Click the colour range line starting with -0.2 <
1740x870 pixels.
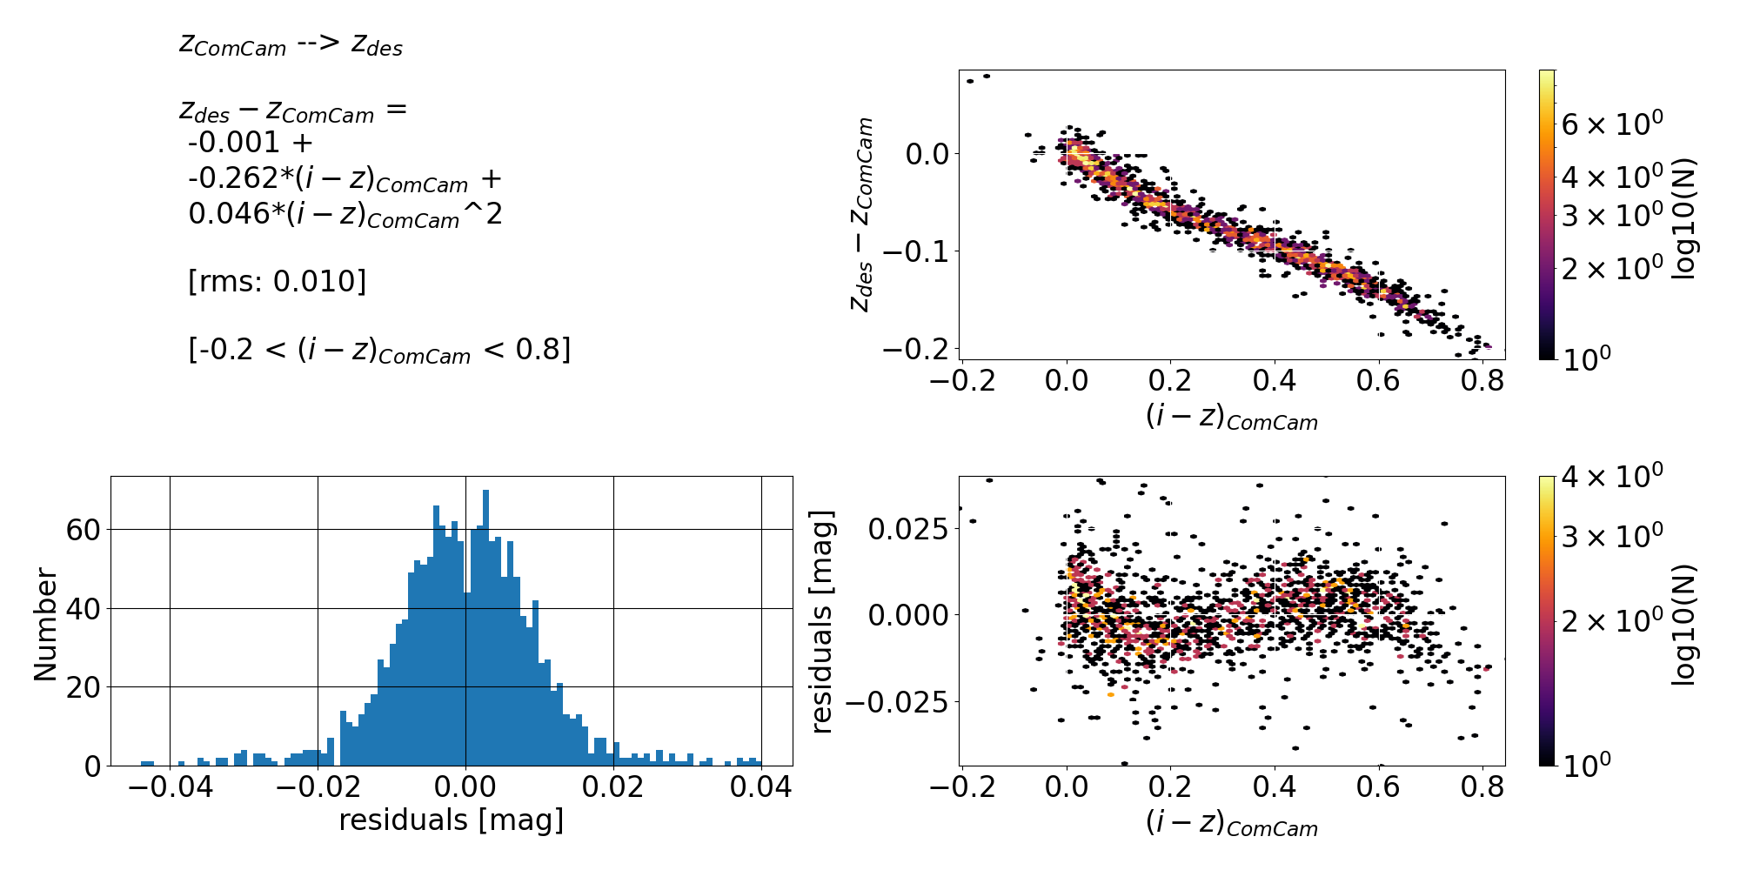[x=379, y=350]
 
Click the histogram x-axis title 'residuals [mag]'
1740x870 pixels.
[x=451, y=820]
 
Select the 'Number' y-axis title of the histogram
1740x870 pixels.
[x=45, y=624]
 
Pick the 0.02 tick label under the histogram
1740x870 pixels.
[x=614, y=789]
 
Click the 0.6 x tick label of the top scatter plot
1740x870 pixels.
[x=1379, y=380]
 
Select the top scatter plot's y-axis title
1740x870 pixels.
[x=861, y=214]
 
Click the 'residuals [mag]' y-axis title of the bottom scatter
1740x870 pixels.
[x=822, y=621]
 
